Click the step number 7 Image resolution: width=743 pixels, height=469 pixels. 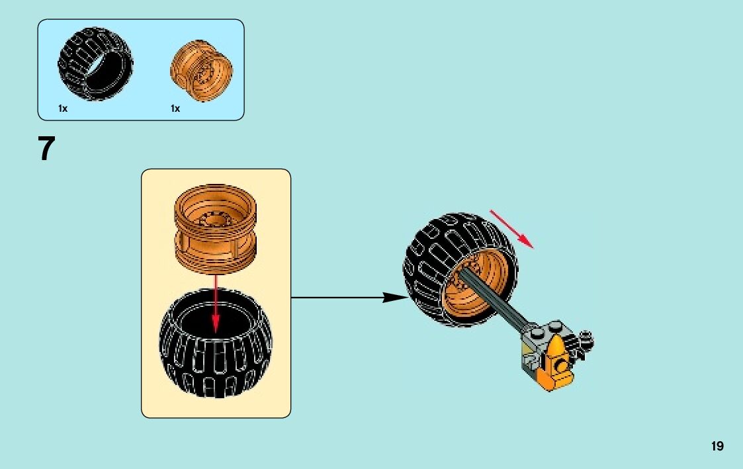(x=45, y=149)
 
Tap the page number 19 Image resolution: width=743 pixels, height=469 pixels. (x=717, y=447)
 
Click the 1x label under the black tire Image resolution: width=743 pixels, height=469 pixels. (x=63, y=108)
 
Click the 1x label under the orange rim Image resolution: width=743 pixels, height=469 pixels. (x=175, y=108)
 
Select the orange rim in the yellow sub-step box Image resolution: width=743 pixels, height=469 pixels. (x=215, y=228)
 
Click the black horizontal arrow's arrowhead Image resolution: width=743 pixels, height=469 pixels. (x=394, y=298)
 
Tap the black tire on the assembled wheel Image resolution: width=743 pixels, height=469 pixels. (x=430, y=265)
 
